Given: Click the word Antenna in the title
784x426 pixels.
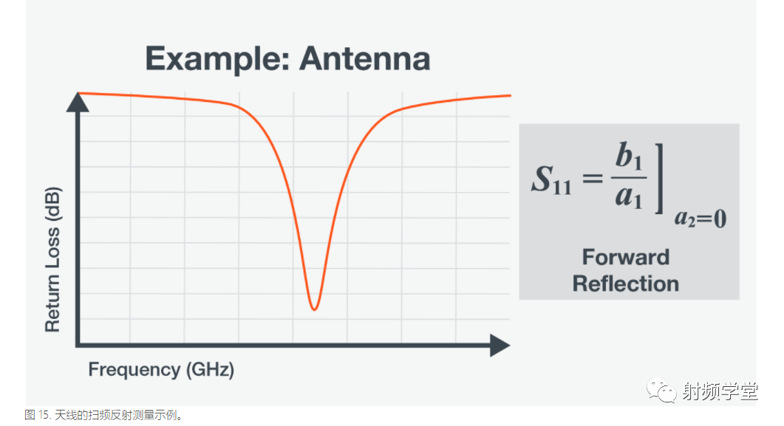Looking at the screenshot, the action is pos(364,58).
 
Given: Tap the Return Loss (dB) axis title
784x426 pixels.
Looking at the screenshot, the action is pos(52,259).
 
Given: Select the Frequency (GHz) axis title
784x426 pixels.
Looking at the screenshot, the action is pos(161,370).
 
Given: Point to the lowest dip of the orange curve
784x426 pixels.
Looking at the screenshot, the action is pos(314,309).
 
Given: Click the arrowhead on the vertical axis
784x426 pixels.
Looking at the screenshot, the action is pos(78,102).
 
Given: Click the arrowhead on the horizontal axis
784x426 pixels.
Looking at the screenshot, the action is pos(500,345).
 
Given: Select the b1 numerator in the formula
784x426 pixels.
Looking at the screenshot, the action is pos(629,156).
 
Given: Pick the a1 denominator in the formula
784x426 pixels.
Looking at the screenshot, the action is pos(629,195).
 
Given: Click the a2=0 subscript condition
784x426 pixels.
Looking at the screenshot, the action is pos(701,219).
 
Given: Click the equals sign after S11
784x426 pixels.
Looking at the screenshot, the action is pos(593,177).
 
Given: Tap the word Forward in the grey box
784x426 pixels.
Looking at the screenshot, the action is pos(625,257).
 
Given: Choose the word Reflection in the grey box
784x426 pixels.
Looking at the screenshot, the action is pos(625,284).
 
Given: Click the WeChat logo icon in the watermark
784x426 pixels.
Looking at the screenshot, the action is pos(661,390).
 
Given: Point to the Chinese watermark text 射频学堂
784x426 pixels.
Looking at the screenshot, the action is pos(720,391).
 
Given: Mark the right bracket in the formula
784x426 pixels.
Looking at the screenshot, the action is pos(660,179).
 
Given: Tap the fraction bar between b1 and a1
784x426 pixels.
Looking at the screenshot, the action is pos(629,177).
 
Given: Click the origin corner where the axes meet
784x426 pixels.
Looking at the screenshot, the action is pos(78,345).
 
